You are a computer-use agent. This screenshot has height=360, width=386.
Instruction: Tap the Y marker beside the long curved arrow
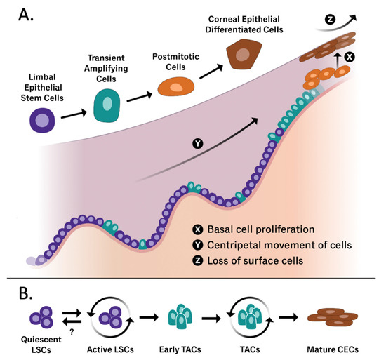[x=199, y=144]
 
